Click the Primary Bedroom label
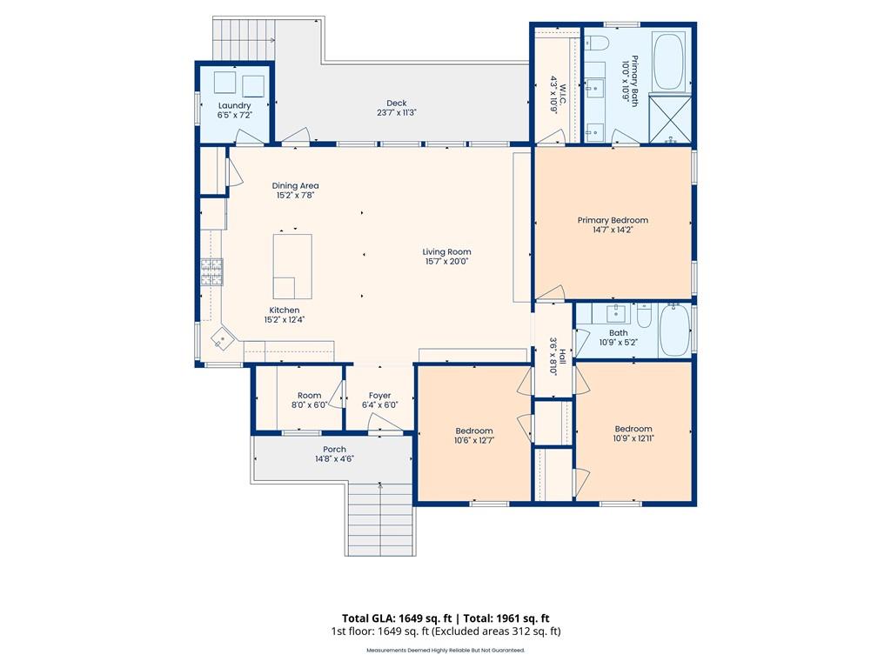pos(613,220)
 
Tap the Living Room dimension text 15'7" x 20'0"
pos(447,262)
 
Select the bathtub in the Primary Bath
pos(668,63)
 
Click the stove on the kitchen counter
pos(211,273)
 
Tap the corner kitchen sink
pos(223,338)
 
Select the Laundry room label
pos(234,105)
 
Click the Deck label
pos(397,103)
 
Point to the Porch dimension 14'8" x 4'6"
pos(334,459)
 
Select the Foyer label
pos(379,395)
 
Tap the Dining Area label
pos(295,185)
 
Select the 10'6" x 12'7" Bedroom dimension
pos(473,440)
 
